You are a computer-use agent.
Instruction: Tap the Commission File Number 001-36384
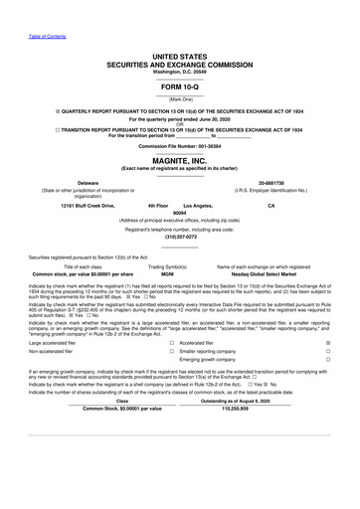pyautogui.click(x=180, y=145)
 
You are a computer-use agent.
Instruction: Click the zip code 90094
pyautogui.click(x=180, y=213)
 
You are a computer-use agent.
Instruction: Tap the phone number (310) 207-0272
pyautogui.click(x=180, y=238)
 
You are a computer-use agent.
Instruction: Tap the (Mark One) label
pyautogui.click(x=180, y=100)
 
